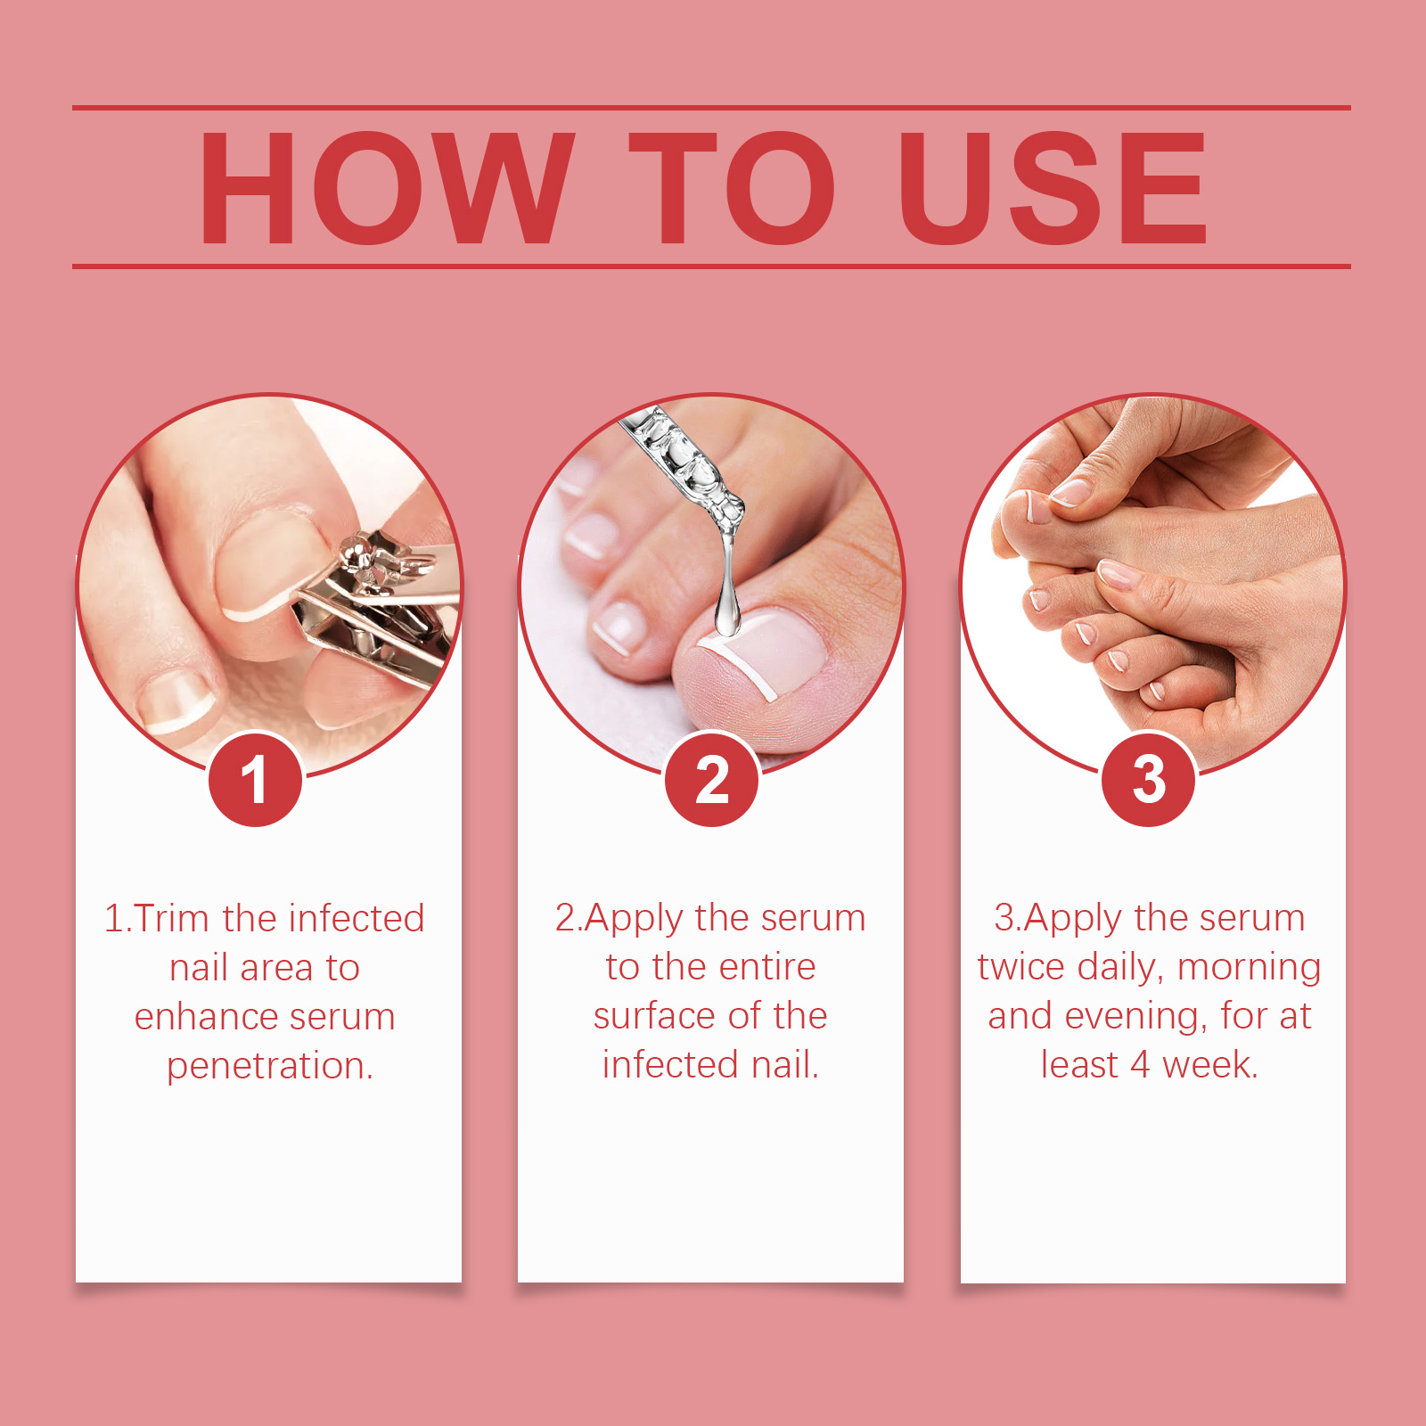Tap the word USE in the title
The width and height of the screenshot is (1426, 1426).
(x=1052, y=187)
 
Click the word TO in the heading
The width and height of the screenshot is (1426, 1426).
(x=731, y=187)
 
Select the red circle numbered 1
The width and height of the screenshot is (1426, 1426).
(x=256, y=780)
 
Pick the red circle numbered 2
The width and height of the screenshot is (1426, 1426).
(x=711, y=780)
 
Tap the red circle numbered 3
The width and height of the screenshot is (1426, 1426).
(x=1149, y=780)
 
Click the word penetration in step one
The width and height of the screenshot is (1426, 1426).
(x=269, y=1066)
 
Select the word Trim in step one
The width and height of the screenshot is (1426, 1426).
(x=171, y=919)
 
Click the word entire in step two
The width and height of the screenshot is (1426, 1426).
(x=767, y=967)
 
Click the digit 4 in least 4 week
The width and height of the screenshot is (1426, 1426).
(x=1140, y=1065)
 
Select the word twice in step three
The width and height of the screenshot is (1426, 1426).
(x=1021, y=967)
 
